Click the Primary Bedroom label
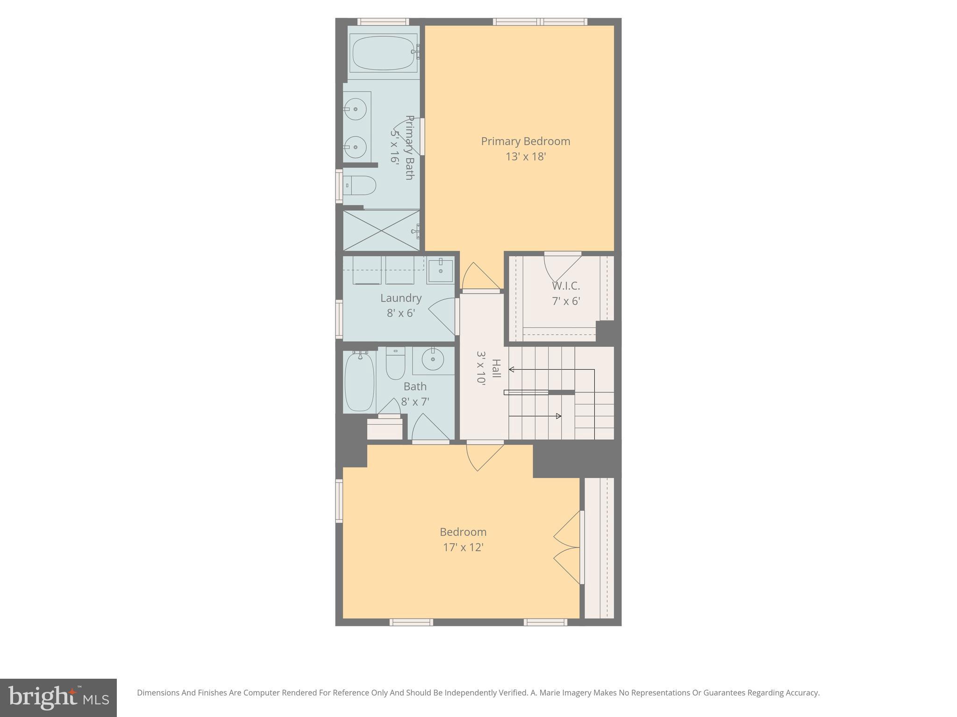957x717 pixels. tap(525, 141)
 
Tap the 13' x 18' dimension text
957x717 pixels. tap(525, 157)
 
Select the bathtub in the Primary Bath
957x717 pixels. tap(383, 53)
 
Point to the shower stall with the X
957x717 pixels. tap(381, 230)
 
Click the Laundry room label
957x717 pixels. tap(400, 298)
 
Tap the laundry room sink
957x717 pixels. tap(440, 271)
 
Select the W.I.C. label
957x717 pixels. tap(565, 286)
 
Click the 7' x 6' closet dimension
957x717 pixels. tap(565, 301)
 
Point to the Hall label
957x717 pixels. tap(496, 369)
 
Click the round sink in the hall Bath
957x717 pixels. tap(433, 359)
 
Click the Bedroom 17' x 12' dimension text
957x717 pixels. tap(463, 548)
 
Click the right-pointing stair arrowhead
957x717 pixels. tap(559, 416)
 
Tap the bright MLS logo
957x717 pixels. tap(58, 698)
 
